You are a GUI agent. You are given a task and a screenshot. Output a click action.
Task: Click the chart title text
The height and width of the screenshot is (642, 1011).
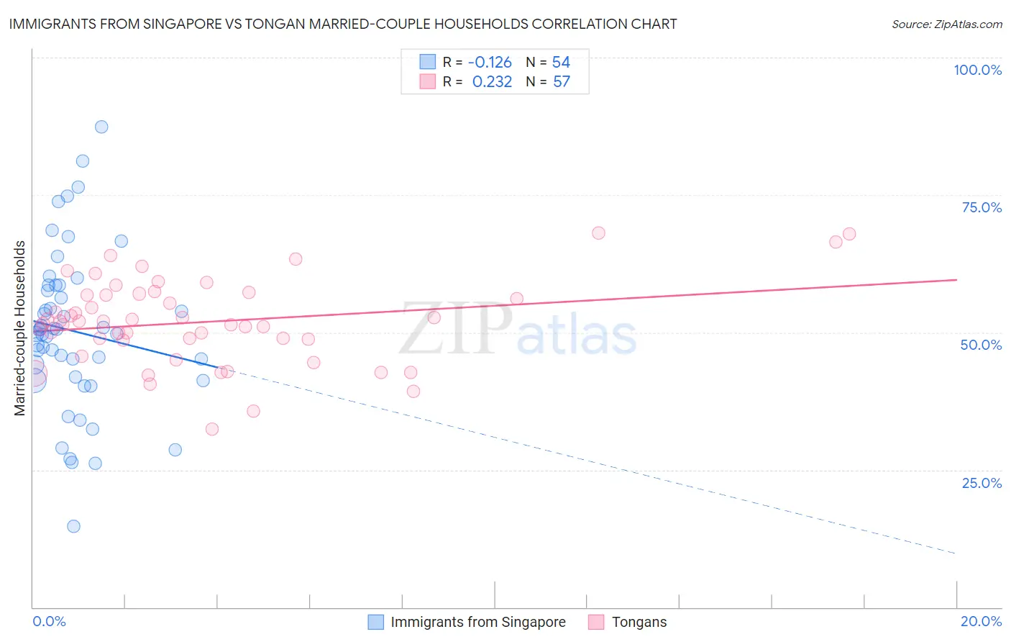click(x=342, y=24)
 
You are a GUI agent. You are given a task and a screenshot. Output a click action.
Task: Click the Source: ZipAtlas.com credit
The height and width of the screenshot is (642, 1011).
click(x=946, y=24)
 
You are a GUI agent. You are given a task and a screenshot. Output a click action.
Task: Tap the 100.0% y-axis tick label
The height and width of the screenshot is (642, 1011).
click(x=977, y=70)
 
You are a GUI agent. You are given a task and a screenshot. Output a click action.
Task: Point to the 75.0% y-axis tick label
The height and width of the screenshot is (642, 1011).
click(x=982, y=207)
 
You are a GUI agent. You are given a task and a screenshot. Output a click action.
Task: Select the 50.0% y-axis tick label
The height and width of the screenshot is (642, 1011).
click(x=981, y=345)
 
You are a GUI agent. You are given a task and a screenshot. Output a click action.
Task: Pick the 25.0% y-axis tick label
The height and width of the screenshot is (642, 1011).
click(x=982, y=482)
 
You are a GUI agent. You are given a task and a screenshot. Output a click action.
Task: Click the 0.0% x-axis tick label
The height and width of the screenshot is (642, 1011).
click(x=49, y=621)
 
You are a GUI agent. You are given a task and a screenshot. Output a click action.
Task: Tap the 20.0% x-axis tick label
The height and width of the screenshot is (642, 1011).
click(x=981, y=621)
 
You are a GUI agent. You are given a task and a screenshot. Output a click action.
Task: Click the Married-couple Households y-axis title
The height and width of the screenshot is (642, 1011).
click(x=20, y=328)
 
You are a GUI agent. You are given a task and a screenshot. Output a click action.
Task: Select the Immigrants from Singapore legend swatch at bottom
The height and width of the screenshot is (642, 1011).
click(x=375, y=622)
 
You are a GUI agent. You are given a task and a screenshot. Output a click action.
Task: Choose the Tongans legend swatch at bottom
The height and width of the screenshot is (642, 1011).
click(x=595, y=622)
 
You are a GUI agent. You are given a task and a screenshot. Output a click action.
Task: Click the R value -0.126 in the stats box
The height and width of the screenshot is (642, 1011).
click(x=490, y=63)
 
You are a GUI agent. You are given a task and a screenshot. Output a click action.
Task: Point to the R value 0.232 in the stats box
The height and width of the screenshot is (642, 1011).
click(x=492, y=82)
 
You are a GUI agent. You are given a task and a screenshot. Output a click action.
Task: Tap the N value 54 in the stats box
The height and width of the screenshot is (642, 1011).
click(x=561, y=63)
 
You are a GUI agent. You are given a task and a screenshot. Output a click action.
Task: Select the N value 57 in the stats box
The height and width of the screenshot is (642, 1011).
click(x=561, y=82)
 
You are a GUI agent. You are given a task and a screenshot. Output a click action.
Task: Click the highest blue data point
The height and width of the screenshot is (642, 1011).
click(x=101, y=127)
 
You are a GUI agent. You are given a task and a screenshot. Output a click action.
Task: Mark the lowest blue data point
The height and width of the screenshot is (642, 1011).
click(x=73, y=526)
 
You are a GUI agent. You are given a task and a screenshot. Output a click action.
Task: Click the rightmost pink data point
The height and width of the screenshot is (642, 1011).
click(x=849, y=234)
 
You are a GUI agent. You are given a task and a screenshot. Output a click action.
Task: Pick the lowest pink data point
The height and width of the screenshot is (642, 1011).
click(x=212, y=429)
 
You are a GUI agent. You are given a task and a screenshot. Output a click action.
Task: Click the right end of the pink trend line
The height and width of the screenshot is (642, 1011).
click(x=956, y=279)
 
